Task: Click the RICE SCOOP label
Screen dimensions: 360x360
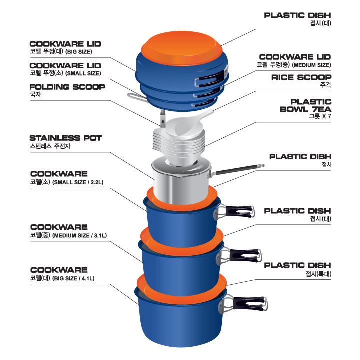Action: coord(301,77)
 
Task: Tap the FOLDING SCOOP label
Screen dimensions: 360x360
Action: coord(67,87)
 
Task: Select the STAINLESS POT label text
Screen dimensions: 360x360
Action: coord(65,138)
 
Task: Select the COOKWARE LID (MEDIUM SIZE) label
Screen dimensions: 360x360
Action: coord(295,57)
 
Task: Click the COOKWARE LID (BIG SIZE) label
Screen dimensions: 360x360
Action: coord(65,44)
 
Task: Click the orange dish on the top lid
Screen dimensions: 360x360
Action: coord(182,47)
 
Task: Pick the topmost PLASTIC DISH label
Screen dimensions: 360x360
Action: coord(297,15)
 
